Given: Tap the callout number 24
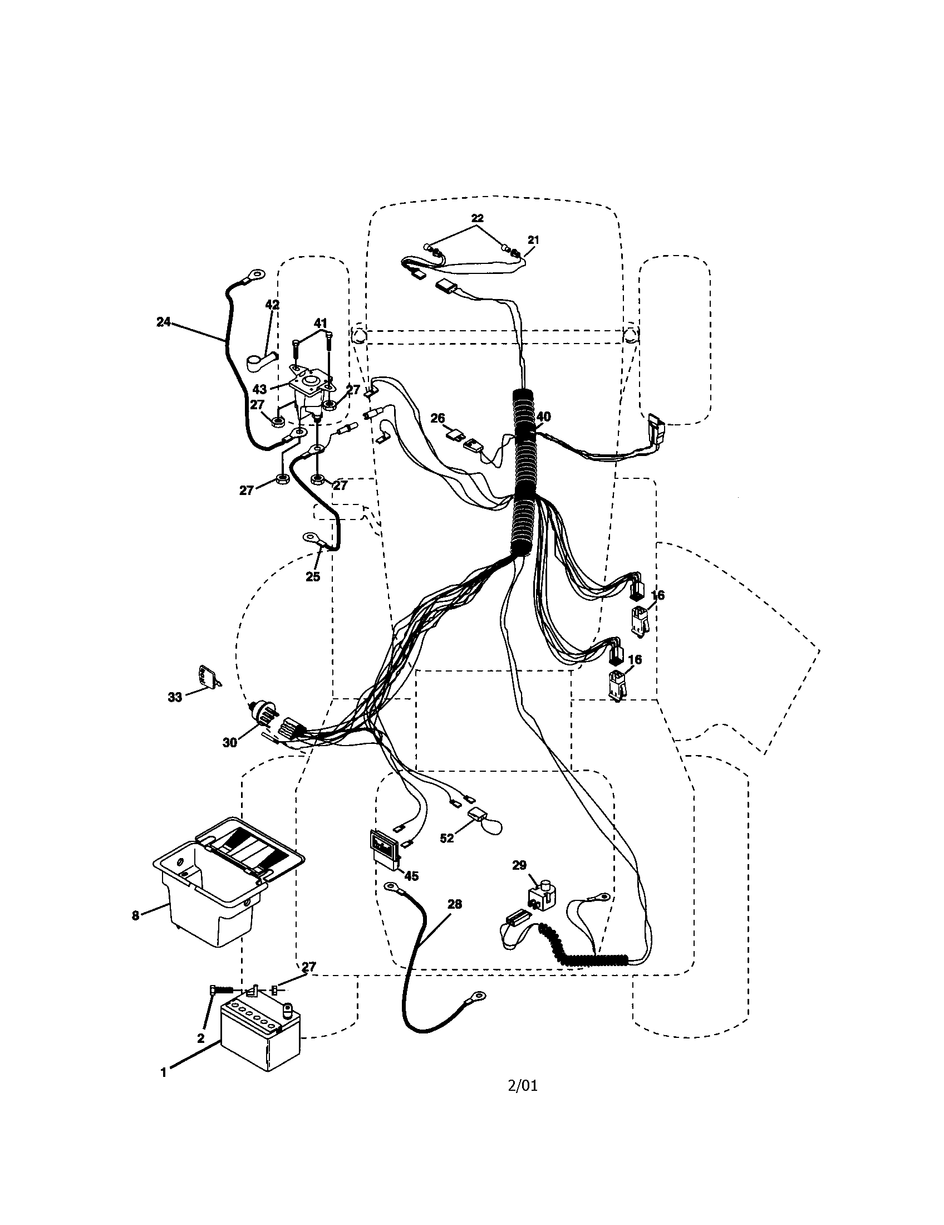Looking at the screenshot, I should [x=163, y=322].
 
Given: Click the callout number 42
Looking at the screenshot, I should [x=272, y=305].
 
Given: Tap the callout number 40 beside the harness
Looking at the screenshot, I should [x=543, y=416].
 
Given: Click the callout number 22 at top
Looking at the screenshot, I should [x=477, y=218].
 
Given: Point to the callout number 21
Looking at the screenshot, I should [x=533, y=239].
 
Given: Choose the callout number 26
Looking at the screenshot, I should [x=437, y=418].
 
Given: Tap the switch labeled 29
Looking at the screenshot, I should [x=539, y=896].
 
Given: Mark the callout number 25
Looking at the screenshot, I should [x=312, y=576].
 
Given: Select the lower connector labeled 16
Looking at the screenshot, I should [x=616, y=685].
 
